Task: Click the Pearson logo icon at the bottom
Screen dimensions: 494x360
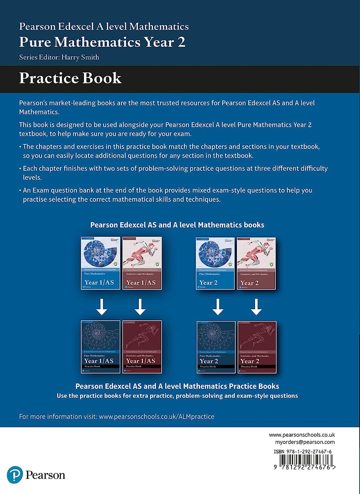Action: coord(15,475)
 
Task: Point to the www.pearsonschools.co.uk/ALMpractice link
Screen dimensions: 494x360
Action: coord(157,417)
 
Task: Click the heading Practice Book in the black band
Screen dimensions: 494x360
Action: coord(70,78)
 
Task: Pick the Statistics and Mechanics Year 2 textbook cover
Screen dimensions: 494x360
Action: coord(256,263)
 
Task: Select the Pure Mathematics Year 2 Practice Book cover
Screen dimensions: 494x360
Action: coord(216,347)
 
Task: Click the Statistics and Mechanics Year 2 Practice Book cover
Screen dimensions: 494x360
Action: coord(257,347)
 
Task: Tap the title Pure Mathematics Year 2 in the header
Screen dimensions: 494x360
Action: coord(102,42)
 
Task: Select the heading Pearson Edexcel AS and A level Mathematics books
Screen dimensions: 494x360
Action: coord(177,225)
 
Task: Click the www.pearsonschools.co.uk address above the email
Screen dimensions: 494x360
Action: coord(302,435)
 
